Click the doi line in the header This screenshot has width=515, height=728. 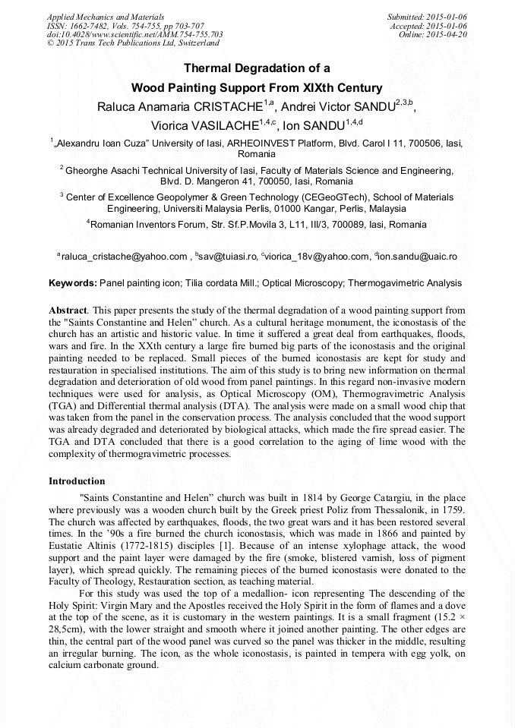tap(134, 34)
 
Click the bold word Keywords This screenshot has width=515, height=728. tap(72, 283)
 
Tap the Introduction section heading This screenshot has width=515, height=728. tap(77, 481)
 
